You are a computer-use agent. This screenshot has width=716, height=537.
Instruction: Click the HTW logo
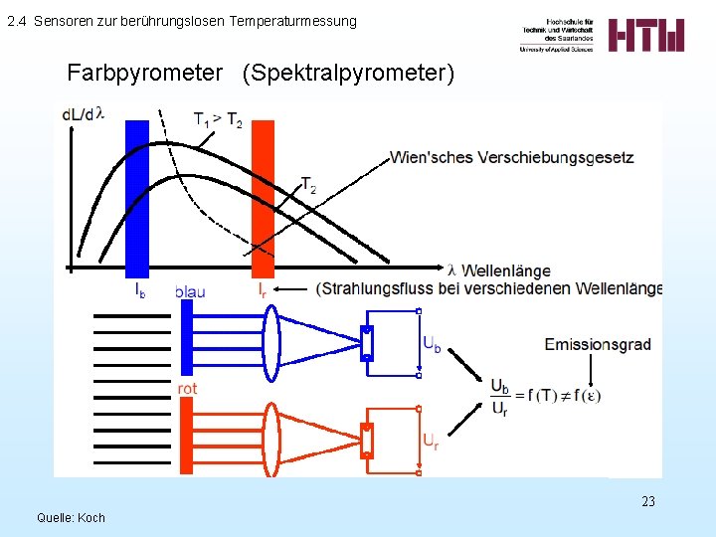pyautogui.click(x=645, y=36)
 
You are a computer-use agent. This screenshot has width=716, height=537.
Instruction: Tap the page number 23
pyautogui.click(x=648, y=501)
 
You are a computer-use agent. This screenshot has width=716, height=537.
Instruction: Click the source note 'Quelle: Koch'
pyautogui.click(x=71, y=517)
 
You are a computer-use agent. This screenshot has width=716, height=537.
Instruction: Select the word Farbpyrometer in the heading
pyautogui.click(x=145, y=73)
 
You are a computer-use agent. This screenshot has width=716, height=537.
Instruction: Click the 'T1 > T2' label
pyautogui.click(x=217, y=121)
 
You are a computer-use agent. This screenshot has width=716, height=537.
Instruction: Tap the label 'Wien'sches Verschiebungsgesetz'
pyautogui.click(x=511, y=157)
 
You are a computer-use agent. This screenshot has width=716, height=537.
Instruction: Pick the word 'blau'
pyautogui.click(x=190, y=291)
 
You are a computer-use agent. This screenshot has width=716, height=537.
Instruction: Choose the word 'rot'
pyautogui.click(x=187, y=388)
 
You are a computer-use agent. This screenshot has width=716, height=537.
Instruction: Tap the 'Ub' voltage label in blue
pyautogui.click(x=432, y=345)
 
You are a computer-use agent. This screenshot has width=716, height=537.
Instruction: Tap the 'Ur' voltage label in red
pyautogui.click(x=431, y=440)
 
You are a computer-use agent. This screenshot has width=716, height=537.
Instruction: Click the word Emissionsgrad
pyautogui.click(x=598, y=344)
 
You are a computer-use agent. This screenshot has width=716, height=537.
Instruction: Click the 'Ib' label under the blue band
pyautogui.click(x=140, y=290)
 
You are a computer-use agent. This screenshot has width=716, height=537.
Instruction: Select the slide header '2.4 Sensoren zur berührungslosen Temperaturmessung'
pyautogui.click(x=181, y=21)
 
